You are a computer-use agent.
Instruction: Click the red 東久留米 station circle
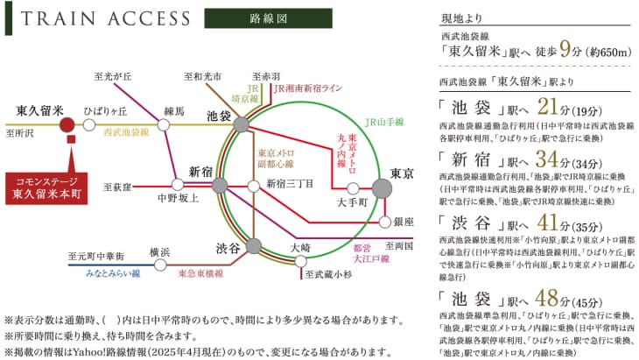click(x=67, y=124)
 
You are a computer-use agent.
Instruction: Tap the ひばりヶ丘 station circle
click(x=89, y=124)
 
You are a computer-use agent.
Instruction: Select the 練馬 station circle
click(x=164, y=124)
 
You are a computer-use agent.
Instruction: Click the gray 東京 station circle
click(x=382, y=188)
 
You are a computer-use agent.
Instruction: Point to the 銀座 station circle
click(x=385, y=222)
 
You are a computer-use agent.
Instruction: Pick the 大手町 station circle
click(x=354, y=188)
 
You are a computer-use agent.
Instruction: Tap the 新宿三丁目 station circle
click(x=254, y=187)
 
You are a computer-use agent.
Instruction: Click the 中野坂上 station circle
click(x=178, y=185)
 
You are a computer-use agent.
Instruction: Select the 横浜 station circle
click(x=160, y=265)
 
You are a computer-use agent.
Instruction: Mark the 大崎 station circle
click(x=300, y=261)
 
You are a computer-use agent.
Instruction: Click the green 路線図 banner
click(x=268, y=18)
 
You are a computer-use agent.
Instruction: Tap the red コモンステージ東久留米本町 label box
click(x=46, y=188)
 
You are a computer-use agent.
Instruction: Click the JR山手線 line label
click(x=384, y=122)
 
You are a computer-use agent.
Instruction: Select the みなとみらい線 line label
click(x=113, y=273)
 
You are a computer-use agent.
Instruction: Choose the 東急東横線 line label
click(x=201, y=273)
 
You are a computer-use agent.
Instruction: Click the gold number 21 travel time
click(x=547, y=106)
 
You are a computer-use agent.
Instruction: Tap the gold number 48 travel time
click(x=546, y=298)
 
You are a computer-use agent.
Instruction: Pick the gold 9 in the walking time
click(x=565, y=49)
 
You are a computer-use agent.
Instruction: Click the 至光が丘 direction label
click(x=112, y=76)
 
